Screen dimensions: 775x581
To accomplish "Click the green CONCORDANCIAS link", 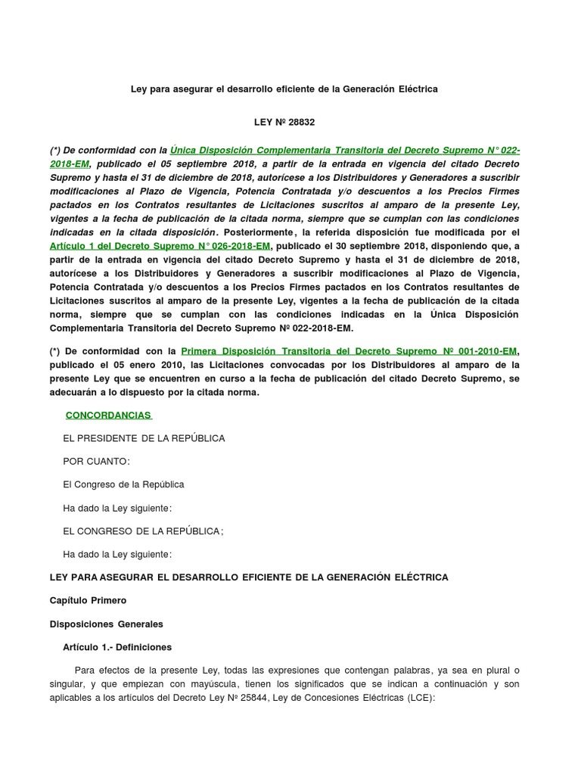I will (x=108, y=416).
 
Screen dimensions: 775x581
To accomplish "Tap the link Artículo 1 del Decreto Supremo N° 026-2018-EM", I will (x=160, y=246).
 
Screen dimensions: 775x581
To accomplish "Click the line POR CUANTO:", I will (x=96, y=462).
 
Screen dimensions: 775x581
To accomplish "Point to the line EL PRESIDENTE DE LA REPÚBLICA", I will (x=144, y=438).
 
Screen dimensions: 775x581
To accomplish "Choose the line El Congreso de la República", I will (x=123, y=484).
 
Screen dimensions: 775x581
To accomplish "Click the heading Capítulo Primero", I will (x=88, y=600).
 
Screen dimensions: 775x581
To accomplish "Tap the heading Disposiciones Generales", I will (x=106, y=624).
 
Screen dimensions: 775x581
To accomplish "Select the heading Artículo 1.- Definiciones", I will (x=117, y=647).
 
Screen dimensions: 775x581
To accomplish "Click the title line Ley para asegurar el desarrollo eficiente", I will (x=284, y=89).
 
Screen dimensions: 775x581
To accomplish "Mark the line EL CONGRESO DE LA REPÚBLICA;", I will (x=143, y=531).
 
